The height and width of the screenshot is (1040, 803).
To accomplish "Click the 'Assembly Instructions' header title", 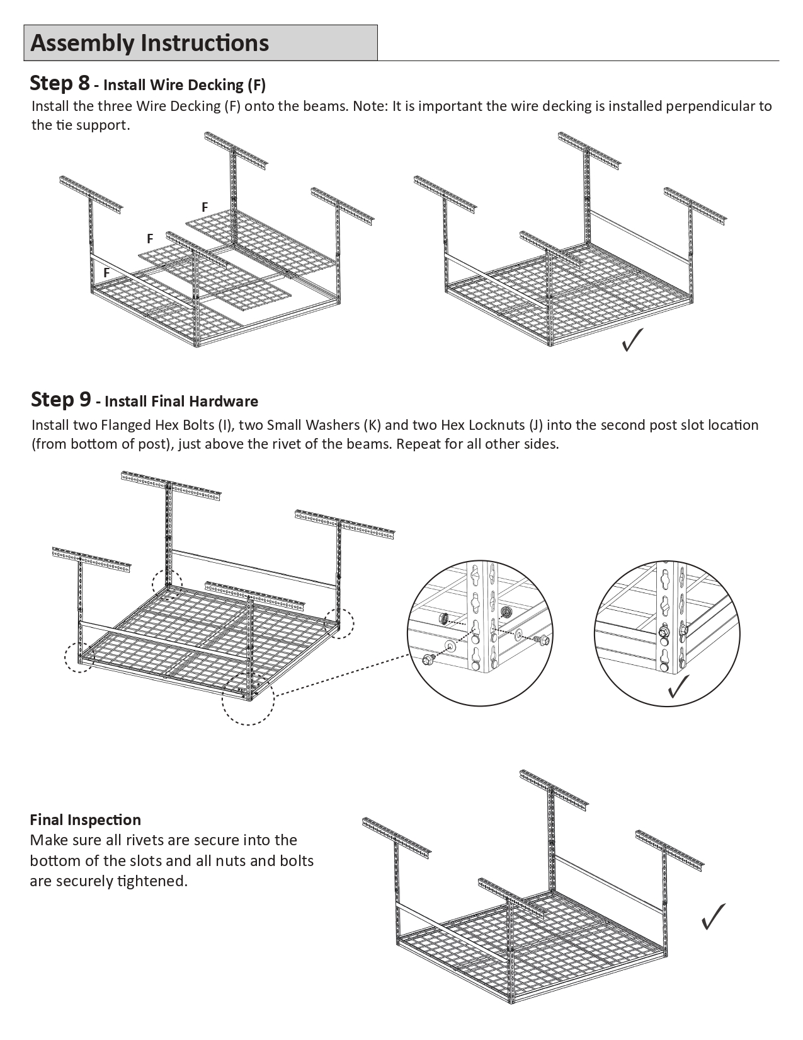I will pos(150,43).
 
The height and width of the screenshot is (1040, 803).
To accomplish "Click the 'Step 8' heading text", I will pos(60,83).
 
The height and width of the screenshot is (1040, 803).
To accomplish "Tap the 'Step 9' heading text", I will pos(60,399).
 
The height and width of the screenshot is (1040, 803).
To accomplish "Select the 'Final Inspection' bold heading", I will pos(86,819).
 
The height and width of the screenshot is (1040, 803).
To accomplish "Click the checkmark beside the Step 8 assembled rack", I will pos(632,340).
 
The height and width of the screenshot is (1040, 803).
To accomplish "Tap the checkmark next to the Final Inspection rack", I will pos(713,916).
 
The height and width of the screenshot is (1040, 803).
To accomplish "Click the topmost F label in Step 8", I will pos(205,207).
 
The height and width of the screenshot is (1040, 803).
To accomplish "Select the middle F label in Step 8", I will pos(150,238).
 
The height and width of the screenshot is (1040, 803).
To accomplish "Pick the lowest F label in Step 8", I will pos(106,272).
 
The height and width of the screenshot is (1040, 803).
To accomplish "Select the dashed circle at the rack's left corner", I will pos(79,657).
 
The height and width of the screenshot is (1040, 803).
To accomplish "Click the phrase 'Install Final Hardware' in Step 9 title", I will pos(181,401).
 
